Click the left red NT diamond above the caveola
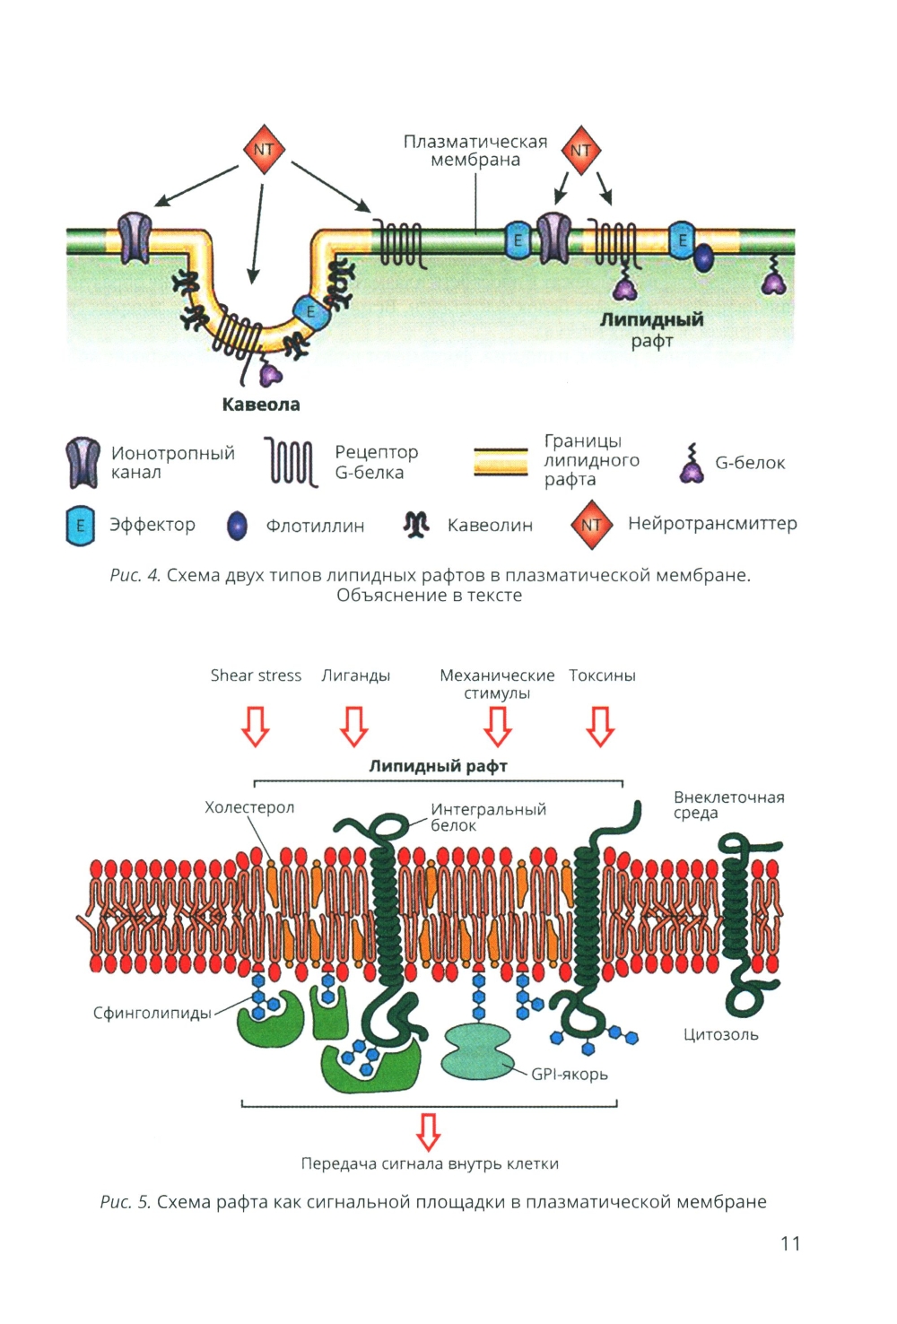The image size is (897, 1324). point(264,150)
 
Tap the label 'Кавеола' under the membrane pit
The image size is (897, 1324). point(261,405)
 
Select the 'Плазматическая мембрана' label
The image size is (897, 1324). point(475,151)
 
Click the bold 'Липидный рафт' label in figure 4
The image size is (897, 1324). point(651,320)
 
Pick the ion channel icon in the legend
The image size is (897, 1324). point(83,462)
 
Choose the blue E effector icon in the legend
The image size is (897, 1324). point(80,526)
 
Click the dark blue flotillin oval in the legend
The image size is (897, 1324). point(237,526)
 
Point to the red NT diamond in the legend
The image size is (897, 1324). point(591,525)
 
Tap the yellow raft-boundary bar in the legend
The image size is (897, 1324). point(501,461)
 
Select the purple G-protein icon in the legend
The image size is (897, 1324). point(691,464)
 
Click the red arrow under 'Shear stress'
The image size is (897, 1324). point(256,726)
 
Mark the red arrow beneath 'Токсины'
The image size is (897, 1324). point(600,726)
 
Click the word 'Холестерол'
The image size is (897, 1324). point(249,807)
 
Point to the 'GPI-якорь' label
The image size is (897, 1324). point(570,1074)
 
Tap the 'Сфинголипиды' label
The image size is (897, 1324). point(152,1013)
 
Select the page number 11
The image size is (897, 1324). point(790,1243)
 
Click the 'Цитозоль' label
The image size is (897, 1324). point(721,1034)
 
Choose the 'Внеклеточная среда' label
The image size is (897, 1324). point(728,805)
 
